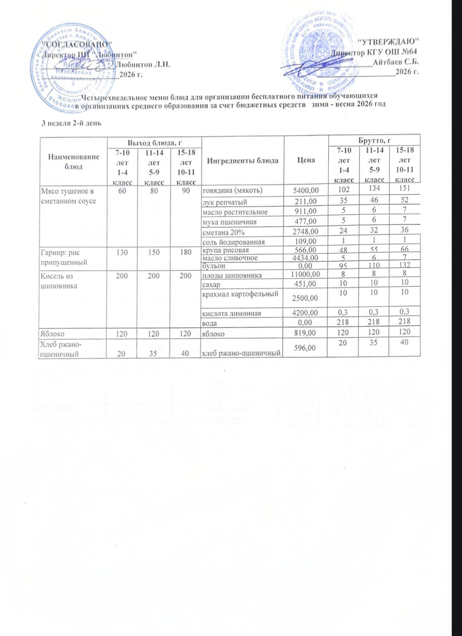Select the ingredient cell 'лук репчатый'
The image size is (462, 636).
tap(224, 202)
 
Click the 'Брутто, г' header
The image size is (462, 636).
tap(374, 140)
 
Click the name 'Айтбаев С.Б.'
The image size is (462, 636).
tap(395, 62)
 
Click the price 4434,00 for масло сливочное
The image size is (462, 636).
tap(305, 258)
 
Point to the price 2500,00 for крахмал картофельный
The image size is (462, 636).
tap(305, 298)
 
